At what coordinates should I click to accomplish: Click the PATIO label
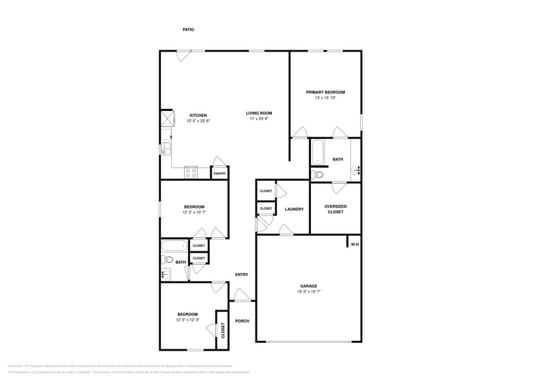pos(188,29)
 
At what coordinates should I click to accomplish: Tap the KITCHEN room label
pos(198,115)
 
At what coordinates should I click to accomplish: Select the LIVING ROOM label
pos(259,113)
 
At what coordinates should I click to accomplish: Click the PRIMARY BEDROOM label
pos(325,92)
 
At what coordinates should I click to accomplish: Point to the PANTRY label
pos(220,173)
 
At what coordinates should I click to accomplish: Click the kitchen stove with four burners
pos(191,172)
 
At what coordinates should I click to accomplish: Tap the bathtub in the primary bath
pos(318,152)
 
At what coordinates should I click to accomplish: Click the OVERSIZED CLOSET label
pos(335,209)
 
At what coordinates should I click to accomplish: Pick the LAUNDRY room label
pos(294,209)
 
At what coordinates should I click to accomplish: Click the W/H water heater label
pos(355,244)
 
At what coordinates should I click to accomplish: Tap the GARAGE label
pos(308,285)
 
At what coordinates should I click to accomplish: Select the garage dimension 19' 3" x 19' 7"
pos(308,292)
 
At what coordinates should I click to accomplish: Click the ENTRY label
pos(241,274)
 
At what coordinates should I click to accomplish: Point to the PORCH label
pos(242,321)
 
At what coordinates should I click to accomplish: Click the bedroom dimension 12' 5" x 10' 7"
pos(193,212)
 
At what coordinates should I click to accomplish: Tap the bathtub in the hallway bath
pos(174,246)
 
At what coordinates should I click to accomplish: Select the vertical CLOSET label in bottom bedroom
pos(223,330)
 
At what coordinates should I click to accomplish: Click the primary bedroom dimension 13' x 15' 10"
pos(325,99)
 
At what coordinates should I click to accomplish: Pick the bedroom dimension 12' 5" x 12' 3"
pos(188,320)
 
